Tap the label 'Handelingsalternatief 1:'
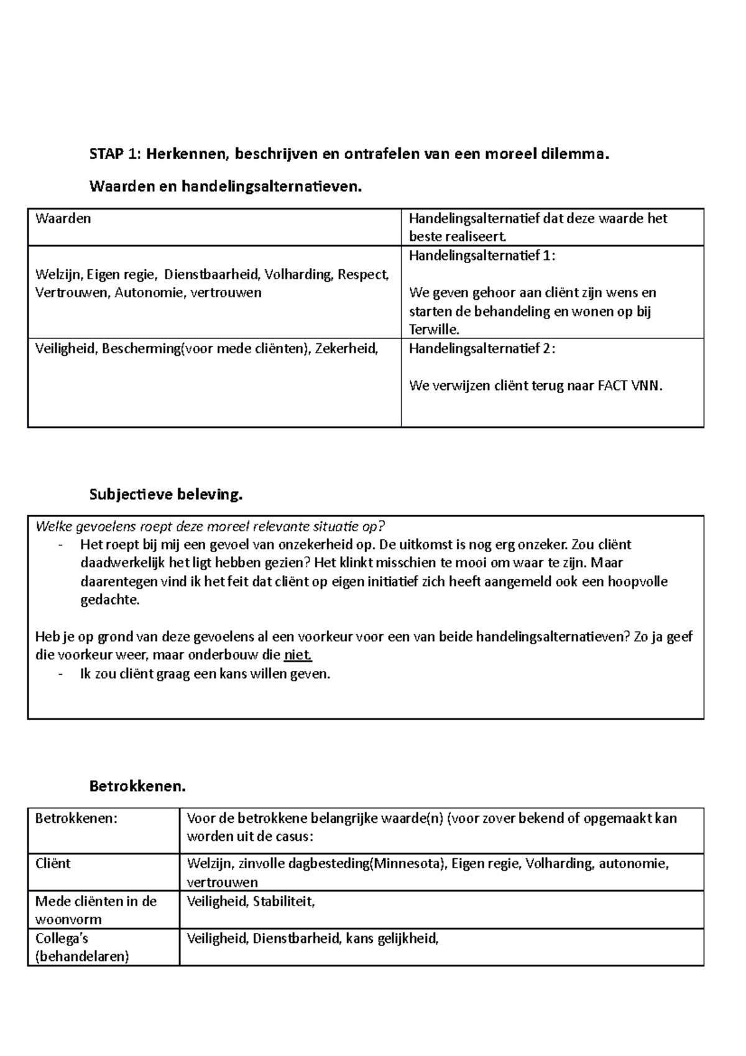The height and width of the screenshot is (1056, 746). coord(482,256)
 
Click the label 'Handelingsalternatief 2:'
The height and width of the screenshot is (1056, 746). coord(482,349)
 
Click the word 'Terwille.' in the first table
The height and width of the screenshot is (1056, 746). coord(434,330)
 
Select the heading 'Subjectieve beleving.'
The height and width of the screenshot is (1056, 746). coord(165,495)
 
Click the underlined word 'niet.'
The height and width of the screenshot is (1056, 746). coord(297,655)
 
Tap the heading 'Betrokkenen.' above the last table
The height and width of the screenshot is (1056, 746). coord(137,786)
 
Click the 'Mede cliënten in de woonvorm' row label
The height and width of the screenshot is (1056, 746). coord(96,910)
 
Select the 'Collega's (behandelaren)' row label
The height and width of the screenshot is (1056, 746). coord(81,947)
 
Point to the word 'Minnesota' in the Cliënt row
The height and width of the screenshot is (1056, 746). coord(407,863)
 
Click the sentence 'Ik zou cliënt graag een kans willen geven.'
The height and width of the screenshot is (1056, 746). coord(205,674)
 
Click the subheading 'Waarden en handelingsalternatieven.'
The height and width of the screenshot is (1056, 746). coord(225,186)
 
